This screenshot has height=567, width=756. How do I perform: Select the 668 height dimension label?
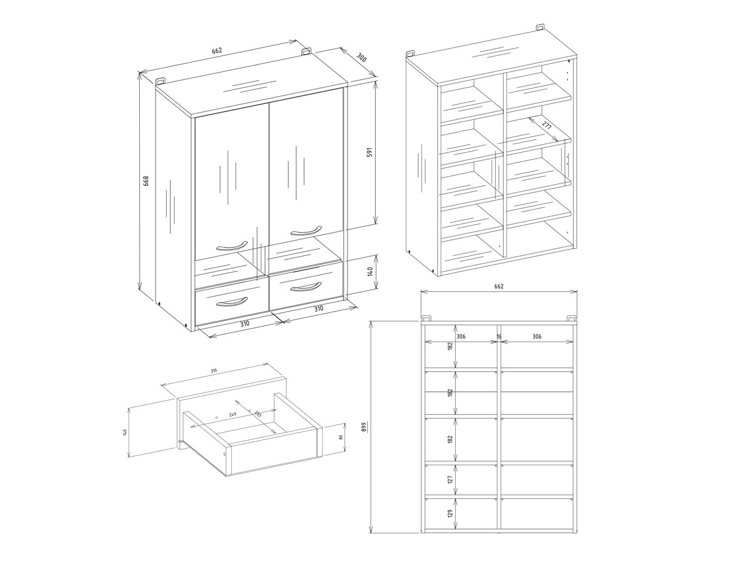click(146, 181)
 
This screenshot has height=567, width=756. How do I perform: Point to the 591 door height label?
click(368, 153)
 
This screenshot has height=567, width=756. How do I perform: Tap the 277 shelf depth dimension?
click(546, 127)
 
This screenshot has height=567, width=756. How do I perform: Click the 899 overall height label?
click(364, 427)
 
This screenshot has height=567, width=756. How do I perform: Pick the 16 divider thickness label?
click(499, 337)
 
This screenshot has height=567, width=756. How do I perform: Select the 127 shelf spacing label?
click(450, 479)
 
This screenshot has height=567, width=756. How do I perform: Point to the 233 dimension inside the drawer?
click(258, 414)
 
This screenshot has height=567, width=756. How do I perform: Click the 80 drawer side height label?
click(340, 437)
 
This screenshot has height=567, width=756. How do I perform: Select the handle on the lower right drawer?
click(306, 287)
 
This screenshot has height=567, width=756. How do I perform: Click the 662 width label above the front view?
click(498, 286)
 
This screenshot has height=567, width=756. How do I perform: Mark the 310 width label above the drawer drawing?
click(214, 371)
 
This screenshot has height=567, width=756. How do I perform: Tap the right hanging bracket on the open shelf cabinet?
click(540, 26)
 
